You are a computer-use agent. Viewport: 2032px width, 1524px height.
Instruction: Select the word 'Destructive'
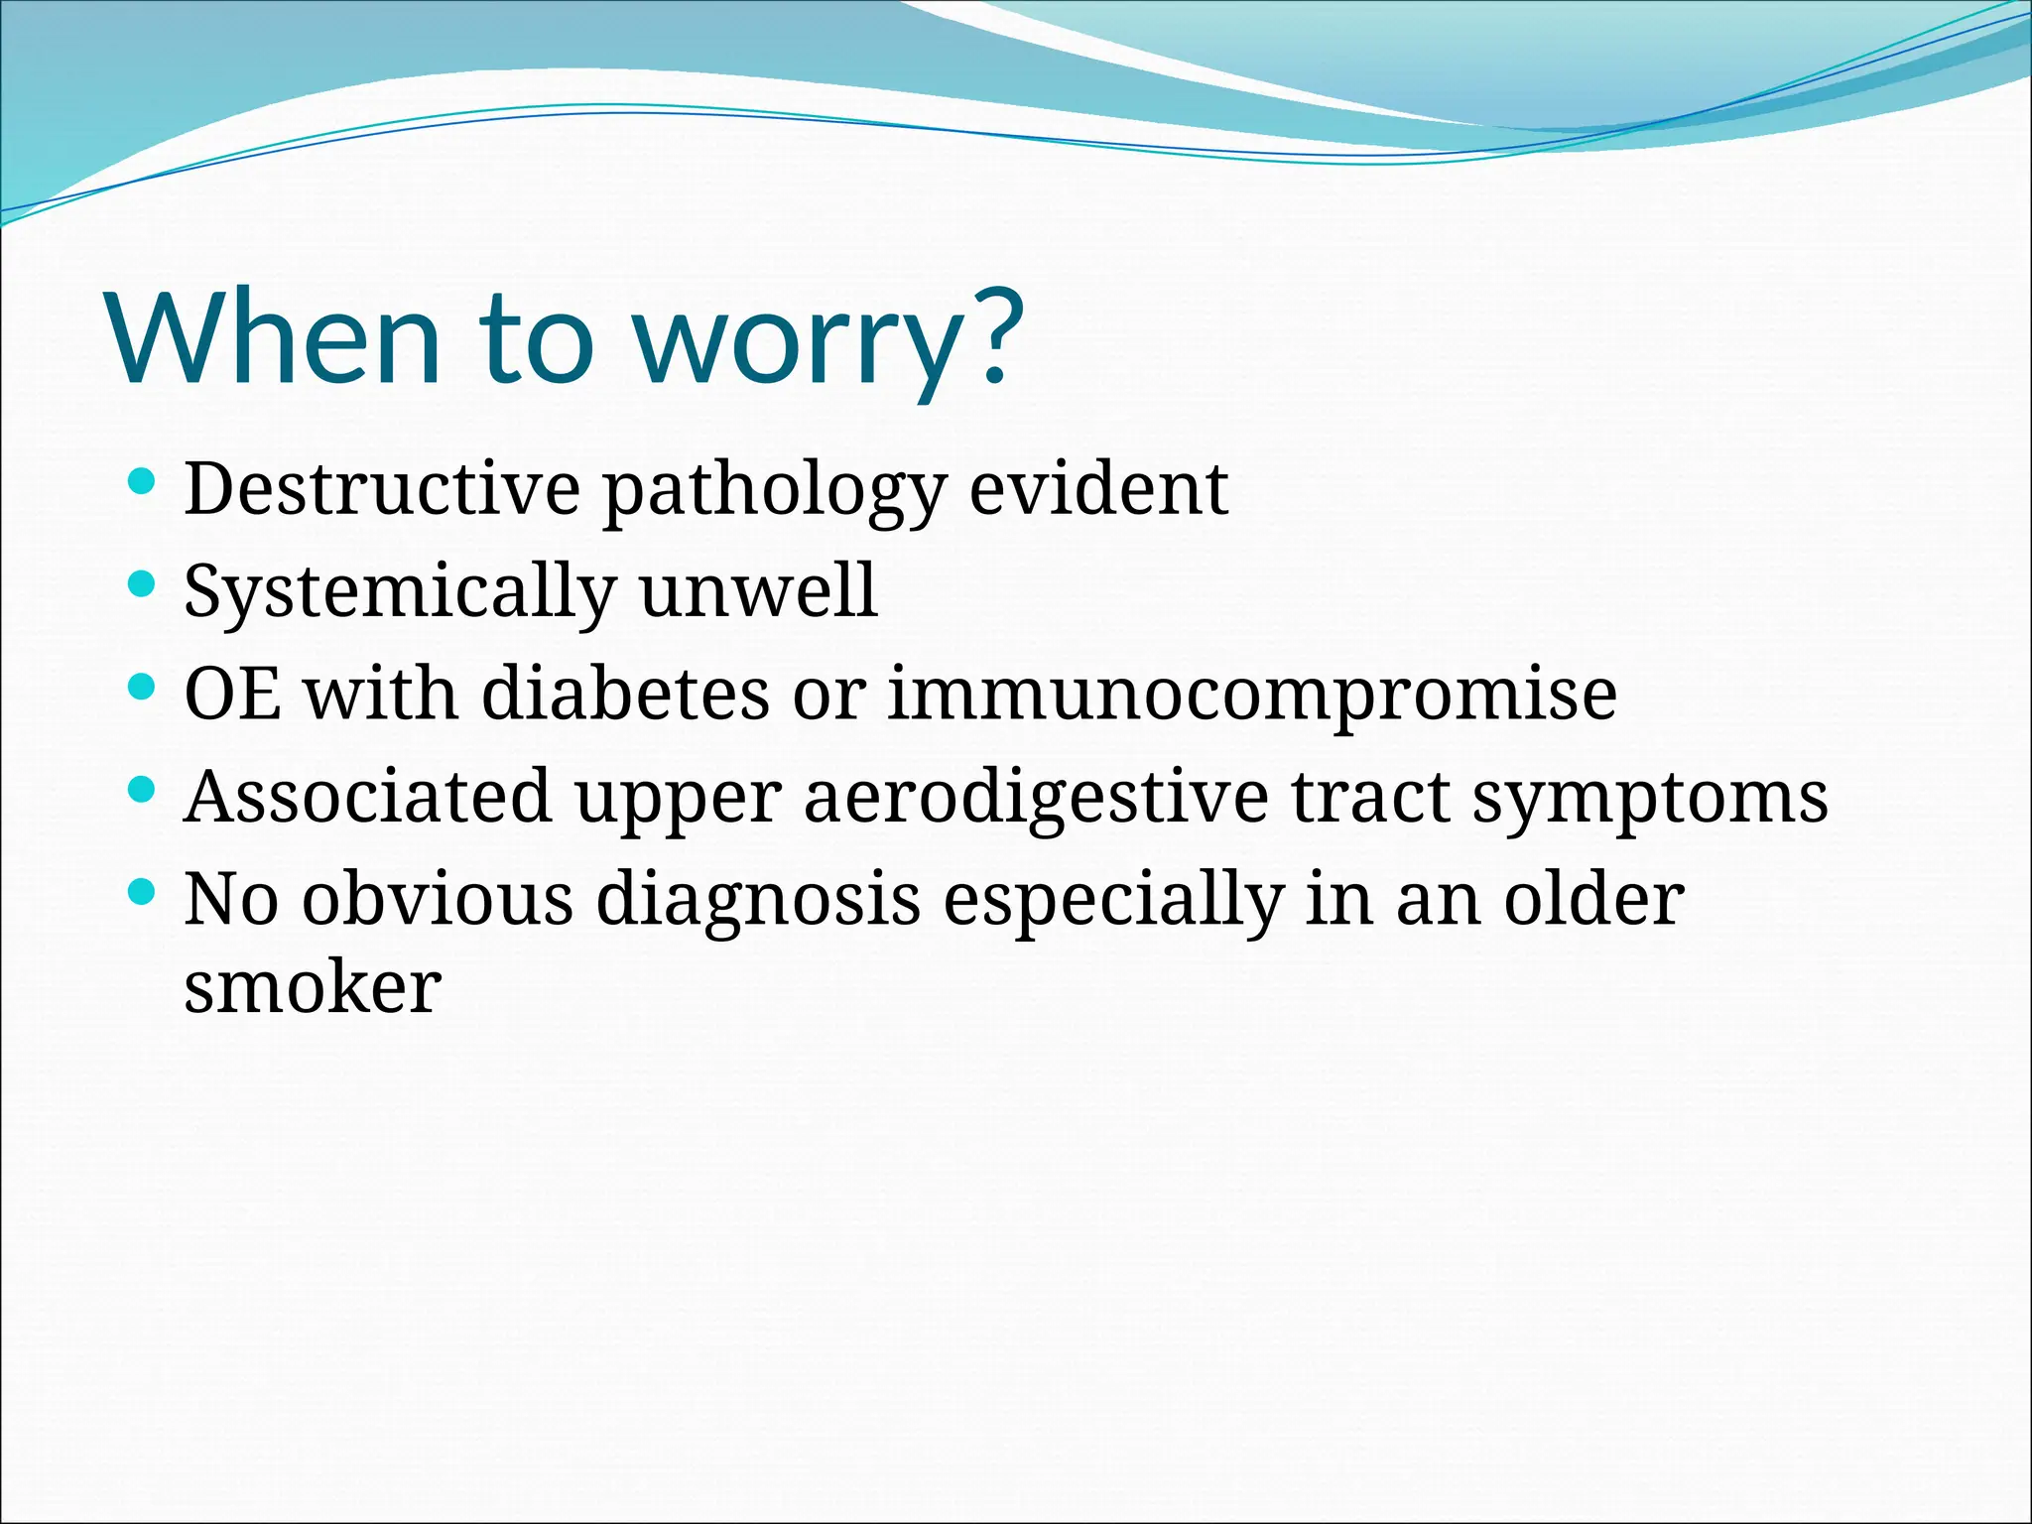382,489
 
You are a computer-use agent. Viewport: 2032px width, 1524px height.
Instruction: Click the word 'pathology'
774,489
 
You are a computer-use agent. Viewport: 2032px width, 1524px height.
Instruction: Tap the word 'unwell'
759,592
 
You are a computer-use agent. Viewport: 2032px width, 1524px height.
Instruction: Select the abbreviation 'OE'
232,694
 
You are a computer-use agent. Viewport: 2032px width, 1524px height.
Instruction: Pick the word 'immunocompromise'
1252,694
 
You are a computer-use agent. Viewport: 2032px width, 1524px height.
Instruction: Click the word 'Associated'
368,797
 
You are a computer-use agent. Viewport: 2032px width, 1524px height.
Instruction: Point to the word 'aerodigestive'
1036,797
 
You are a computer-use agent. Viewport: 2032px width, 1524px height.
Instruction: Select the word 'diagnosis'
758,900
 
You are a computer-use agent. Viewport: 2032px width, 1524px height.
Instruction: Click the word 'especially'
1112,900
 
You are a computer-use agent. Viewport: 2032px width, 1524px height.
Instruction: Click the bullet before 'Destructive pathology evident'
143,482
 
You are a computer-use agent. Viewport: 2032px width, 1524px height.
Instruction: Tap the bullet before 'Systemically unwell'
143,584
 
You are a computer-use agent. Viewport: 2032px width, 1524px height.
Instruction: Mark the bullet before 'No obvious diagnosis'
143,892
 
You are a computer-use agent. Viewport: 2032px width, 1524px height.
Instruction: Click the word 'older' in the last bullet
1593,900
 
